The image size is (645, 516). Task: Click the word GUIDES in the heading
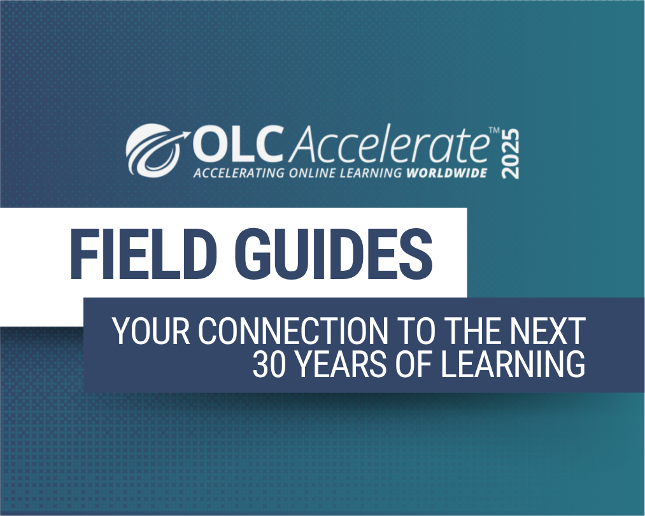tap(332, 254)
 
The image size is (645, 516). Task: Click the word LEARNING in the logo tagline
tap(372, 173)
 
